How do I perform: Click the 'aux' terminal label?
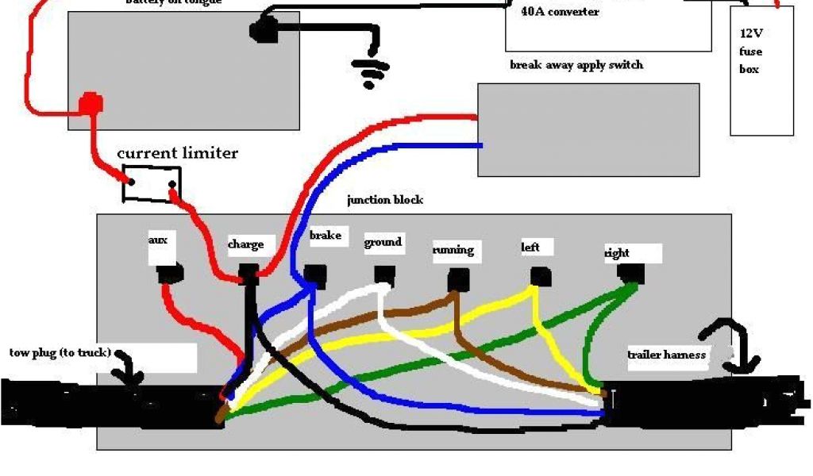(x=158, y=240)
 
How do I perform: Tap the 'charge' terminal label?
(x=245, y=244)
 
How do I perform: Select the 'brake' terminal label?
(x=326, y=236)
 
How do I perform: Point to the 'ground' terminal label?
(x=383, y=242)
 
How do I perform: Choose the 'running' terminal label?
(x=453, y=250)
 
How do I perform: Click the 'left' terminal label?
(x=530, y=247)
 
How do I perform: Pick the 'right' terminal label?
(x=617, y=253)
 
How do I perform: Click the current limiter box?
(x=151, y=183)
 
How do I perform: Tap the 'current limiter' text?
(x=177, y=152)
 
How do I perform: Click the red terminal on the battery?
(x=91, y=103)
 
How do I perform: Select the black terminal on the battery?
(x=261, y=31)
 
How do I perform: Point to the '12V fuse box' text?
(x=750, y=52)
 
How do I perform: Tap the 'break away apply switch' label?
(x=576, y=65)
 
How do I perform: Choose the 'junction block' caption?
(x=384, y=200)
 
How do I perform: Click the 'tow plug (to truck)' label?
(x=60, y=352)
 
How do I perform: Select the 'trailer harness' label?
(x=666, y=355)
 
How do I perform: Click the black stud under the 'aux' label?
(x=169, y=274)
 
